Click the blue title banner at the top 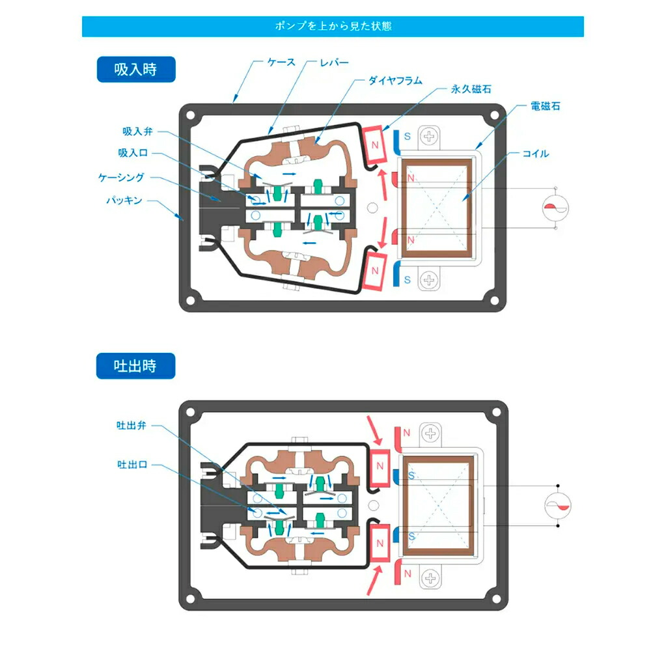[x=333, y=27]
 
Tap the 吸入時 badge [x=136, y=70]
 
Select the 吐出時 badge [x=136, y=366]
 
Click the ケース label [x=281, y=62]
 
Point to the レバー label [x=334, y=62]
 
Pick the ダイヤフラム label [x=395, y=81]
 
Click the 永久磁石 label [x=471, y=89]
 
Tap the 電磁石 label [x=545, y=106]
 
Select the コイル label [x=536, y=154]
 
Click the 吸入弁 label [x=138, y=132]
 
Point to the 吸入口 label [x=133, y=153]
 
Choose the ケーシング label [x=121, y=177]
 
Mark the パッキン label [x=124, y=200]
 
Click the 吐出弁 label [x=132, y=425]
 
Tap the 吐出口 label [x=132, y=464]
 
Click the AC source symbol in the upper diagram [x=555, y=208]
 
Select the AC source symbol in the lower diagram [x=558, y=505]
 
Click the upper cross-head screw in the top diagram [x=429, y=137]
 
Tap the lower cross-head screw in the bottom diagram [x=430, y=577]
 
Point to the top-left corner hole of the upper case [x=191, y=115]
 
